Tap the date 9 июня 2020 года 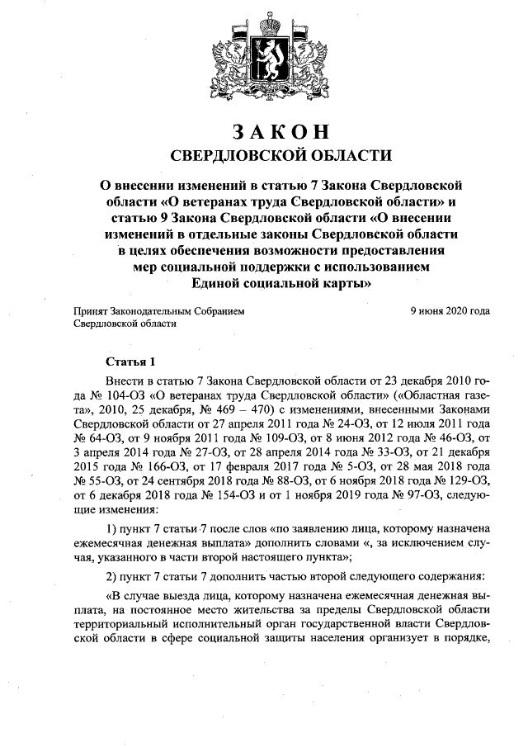pos(450,311)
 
